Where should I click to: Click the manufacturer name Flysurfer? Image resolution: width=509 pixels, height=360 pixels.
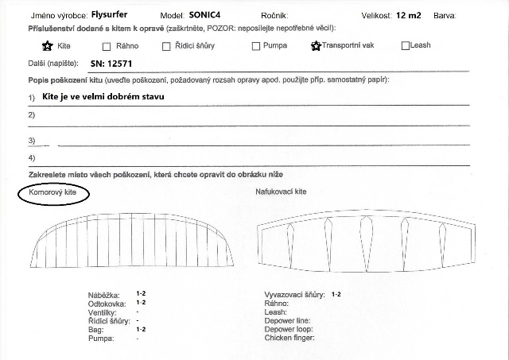(x=109, y=14)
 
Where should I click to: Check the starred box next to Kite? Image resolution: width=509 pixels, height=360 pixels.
(x=47, y=45)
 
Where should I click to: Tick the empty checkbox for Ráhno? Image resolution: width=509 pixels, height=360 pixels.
(x=107, y=46)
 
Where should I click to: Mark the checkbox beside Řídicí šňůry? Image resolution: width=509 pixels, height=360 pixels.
(x=166, y=46)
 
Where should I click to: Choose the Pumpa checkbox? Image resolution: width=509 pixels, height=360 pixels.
(x=256, y=46)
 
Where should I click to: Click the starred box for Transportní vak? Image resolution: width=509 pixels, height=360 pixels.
(x=316, y=45)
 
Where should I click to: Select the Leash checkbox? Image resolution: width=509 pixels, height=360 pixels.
(x=406, y=46)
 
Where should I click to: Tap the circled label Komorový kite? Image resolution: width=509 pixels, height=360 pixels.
(x=54, y=192)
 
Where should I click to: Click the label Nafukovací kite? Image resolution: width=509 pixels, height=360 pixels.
(x=281, y=192)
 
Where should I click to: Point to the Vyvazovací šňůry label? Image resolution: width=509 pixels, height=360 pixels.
(x=293, y=295)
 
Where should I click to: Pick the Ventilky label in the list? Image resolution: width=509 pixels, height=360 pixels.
(x=102, y=312)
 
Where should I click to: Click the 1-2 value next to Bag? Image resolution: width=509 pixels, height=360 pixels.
(x=141, y=329)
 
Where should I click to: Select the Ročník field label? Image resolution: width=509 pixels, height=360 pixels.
(x=274, y=15)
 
